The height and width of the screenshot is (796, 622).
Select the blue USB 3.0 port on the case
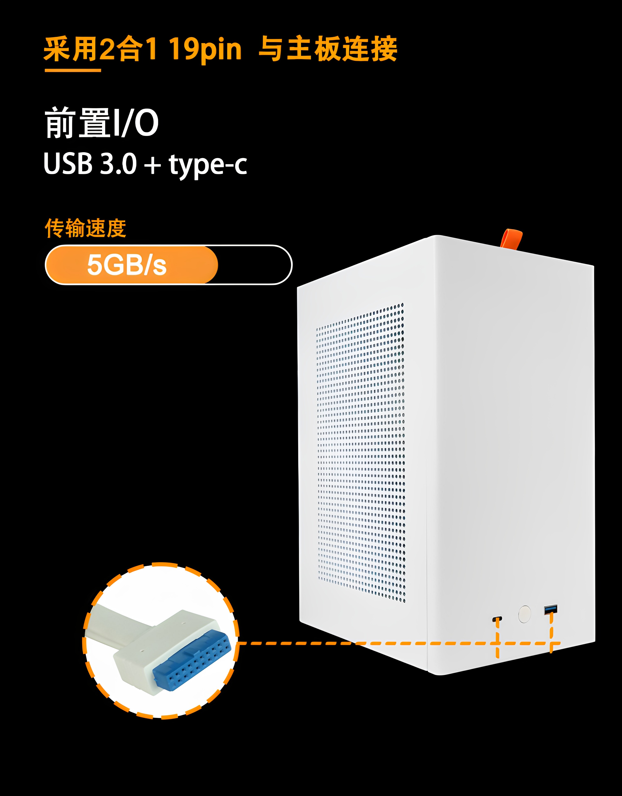coord(550,609)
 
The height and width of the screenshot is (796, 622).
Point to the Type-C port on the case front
coord(497,619)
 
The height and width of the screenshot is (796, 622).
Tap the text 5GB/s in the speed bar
coord(126,265)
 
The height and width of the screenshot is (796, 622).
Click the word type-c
coord(208,165)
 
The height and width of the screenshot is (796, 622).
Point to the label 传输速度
coord(85,228)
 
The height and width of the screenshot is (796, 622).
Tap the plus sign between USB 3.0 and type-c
coord(152,165)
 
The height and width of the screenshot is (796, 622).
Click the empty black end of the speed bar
coord(255,265)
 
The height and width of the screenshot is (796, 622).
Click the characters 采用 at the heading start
coord(71,49)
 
